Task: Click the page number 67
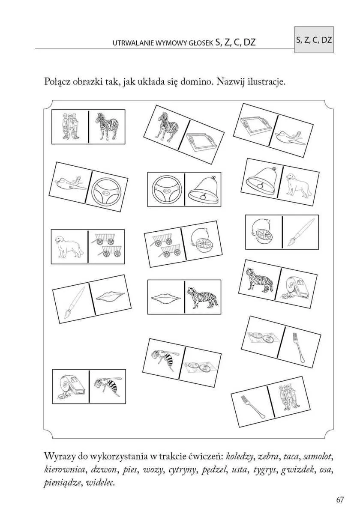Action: pos(340,498)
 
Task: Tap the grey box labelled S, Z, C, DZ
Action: pos(314,40)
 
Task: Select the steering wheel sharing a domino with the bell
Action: pos(166,189)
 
